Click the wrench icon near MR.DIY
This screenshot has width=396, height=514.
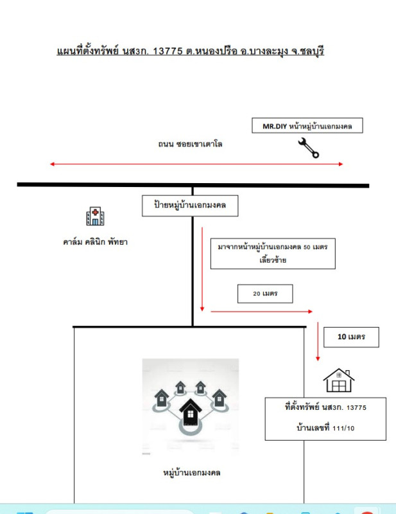point(308,148)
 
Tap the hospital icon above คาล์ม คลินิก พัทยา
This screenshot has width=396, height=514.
point(95,216)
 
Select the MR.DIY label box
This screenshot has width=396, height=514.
point(307,125)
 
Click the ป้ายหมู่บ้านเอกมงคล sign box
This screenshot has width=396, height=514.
point(190,206)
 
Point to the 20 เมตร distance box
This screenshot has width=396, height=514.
point(265,294)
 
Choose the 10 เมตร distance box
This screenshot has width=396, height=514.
point(351,337)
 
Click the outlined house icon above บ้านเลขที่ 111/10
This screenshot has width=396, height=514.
point(339,380)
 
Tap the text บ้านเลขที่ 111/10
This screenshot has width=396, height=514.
point(325,428)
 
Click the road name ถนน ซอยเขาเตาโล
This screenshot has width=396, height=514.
point(190,144)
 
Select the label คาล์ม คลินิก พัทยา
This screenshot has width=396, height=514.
point(95,242)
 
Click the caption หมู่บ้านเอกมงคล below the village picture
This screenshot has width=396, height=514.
point(192,473)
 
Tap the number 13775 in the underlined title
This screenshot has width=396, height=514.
point(168,51)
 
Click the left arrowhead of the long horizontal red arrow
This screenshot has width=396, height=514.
point(52,164)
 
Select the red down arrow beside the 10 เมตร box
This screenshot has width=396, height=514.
point(318,341)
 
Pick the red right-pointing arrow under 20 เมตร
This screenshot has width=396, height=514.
point(261,312)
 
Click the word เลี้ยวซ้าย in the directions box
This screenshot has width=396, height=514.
point(273,260)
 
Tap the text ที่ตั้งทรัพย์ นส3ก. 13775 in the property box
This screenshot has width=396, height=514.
point(325,407)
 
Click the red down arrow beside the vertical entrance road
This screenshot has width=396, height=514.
point(202,269)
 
